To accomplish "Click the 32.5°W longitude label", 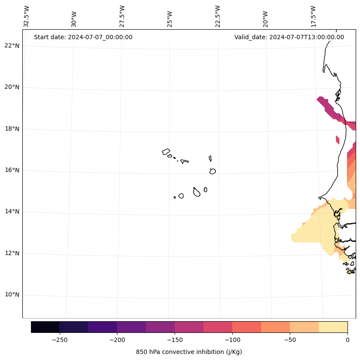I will click(x=27, y=16).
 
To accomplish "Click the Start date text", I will click(x=83, y=37).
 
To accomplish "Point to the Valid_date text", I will click(x=289, y=37).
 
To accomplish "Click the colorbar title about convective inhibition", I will click(x=189, y=352).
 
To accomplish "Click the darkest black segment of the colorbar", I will click(x=45, y=327).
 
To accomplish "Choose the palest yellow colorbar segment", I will click(x=333, y=327).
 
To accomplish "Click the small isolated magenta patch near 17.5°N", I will click(x=338, y=140).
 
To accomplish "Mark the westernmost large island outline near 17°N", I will click(x=166, y=152).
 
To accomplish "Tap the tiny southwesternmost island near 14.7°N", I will click(x=175, y=197).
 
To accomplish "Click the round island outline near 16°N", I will click(x=212, y=171).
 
